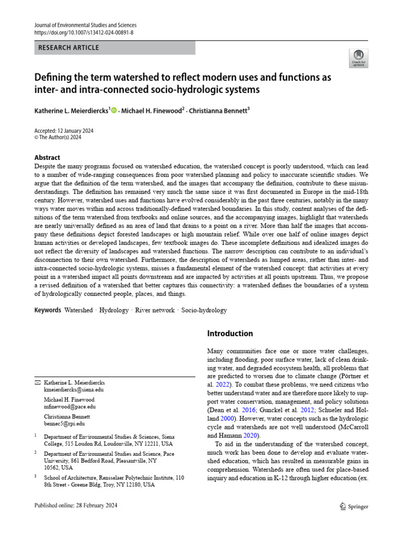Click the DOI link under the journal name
(83, 33)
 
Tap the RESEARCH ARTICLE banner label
(69, 48)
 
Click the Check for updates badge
(358, 58)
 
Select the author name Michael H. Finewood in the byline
(150, 111)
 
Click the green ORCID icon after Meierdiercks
(114, 111)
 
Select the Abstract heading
(47, 157)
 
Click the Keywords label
(48, 310)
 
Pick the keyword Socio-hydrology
(204, 310)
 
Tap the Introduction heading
(230, 334)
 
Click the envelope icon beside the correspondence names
(37, 382)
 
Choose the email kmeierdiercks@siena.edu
(74, 390)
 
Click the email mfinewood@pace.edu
(70, 406)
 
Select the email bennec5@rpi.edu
(64, 423)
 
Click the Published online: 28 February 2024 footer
(76, 506)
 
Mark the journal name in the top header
(86, 25)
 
